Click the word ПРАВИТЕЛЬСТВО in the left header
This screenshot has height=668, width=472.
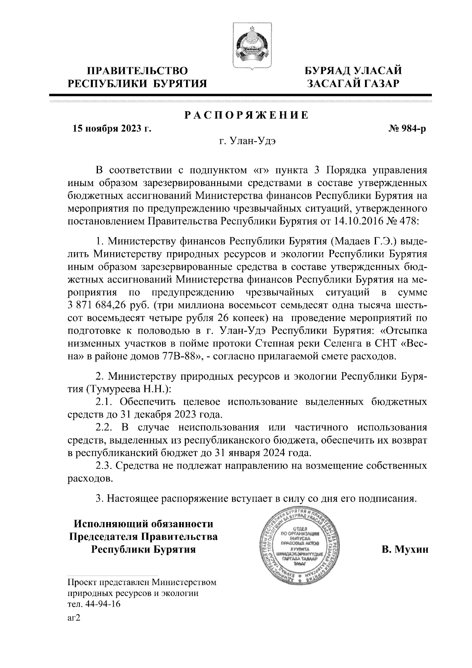coord(137,71)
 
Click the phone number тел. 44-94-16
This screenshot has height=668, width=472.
coord(94,605)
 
